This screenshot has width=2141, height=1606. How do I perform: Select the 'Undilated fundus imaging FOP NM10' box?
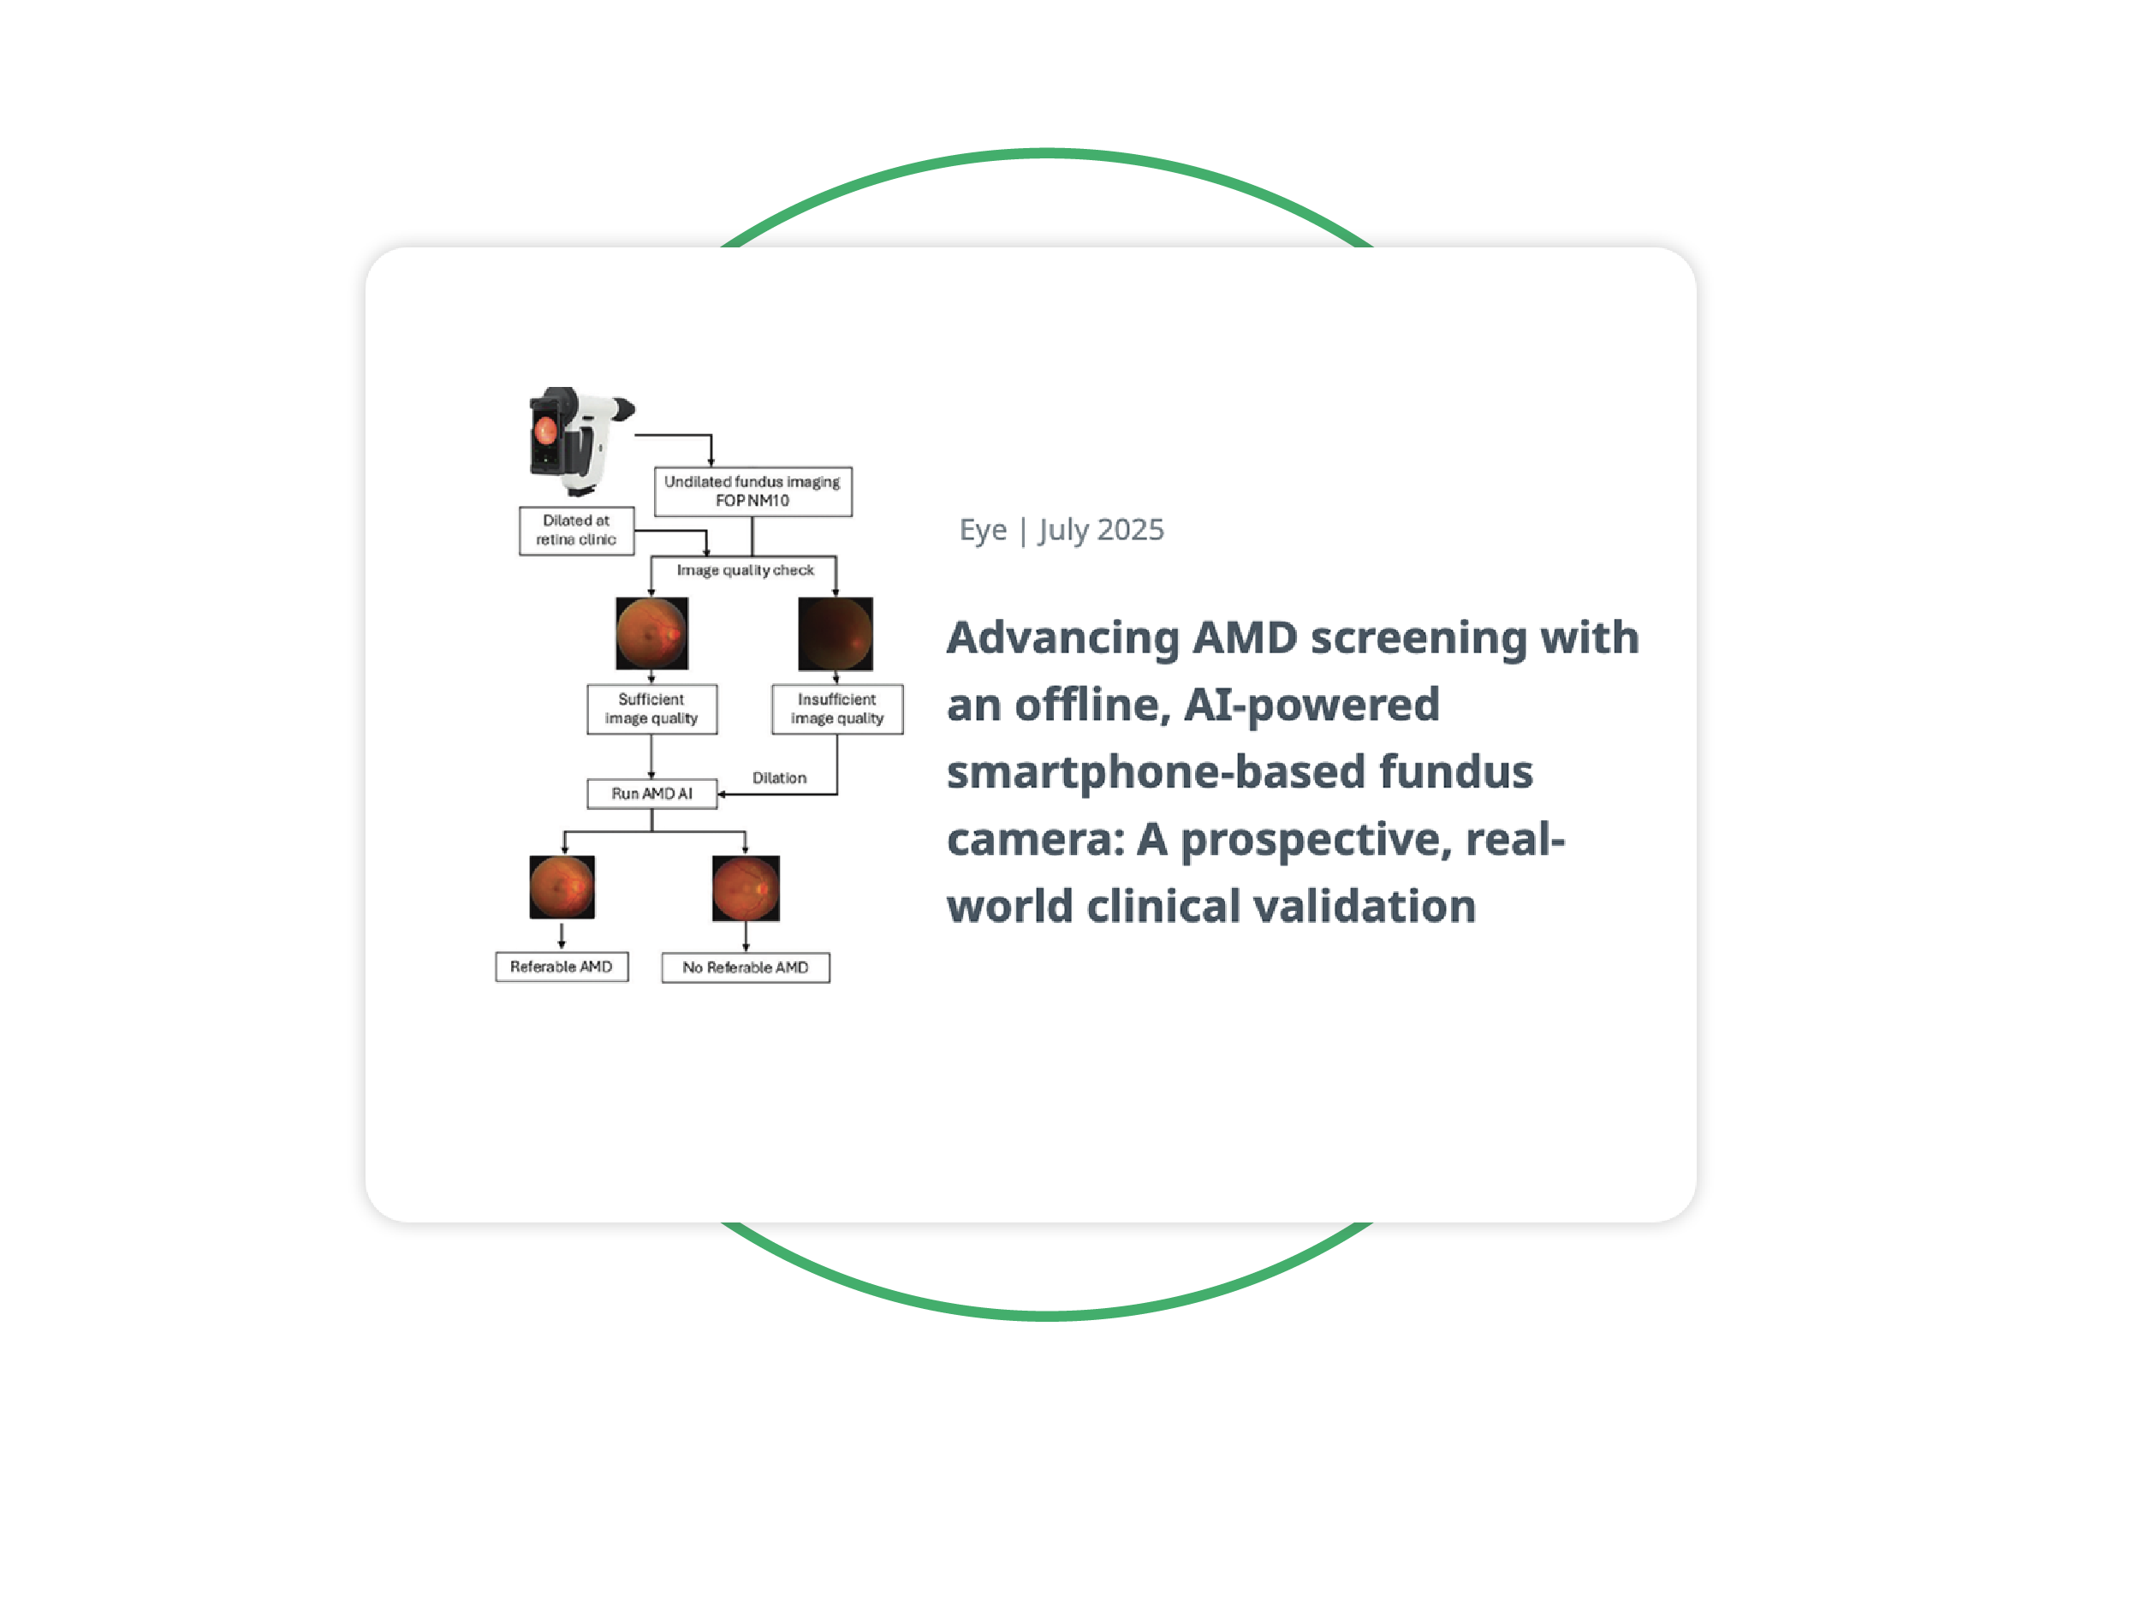tap(752, 491)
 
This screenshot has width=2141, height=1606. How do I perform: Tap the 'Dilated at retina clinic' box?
tap(576, 531)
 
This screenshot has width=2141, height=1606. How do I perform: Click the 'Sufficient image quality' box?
tap(651, 709)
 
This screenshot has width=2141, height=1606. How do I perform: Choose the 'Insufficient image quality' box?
tap(836, 709)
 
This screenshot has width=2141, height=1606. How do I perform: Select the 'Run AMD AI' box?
tap(651, 794)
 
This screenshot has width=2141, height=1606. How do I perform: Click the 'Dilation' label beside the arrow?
tap(779, 778)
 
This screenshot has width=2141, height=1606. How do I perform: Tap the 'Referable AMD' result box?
tap(562, 967)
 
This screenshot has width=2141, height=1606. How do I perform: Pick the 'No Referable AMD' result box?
tap(746, 968)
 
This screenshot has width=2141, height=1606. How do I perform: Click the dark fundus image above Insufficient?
tap(836, 634)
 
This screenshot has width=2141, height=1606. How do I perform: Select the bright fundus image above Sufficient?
tap(651, 633)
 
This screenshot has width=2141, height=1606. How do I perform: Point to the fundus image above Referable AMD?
tap(562, 887)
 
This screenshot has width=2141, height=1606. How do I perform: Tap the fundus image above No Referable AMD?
tap(746, 888)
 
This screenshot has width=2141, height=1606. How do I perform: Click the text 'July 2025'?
tap(1102, 530)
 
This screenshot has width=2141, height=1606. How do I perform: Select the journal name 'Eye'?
tap(983, 530)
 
